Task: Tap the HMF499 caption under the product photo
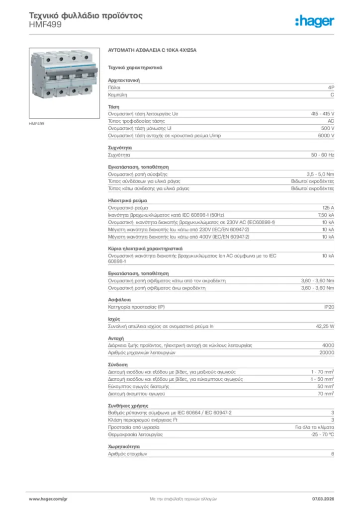[37, 123]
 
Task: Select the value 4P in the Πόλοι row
[331, 87]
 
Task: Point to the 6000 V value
[326, 135]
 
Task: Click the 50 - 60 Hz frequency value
[323, 155]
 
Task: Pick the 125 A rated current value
[328, 207]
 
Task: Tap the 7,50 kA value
[326, 215]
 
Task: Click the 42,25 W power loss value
[325, 327]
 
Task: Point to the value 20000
[326, 352]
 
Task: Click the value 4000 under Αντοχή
[328, 345]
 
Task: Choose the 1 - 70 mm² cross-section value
[322, 372]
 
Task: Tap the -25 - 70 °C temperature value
[322, 434]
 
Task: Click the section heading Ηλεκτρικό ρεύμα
[127, 200]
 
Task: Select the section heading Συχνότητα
[120, 148]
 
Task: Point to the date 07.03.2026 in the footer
[323, 498]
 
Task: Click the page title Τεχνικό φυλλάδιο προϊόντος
[86, 15]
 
